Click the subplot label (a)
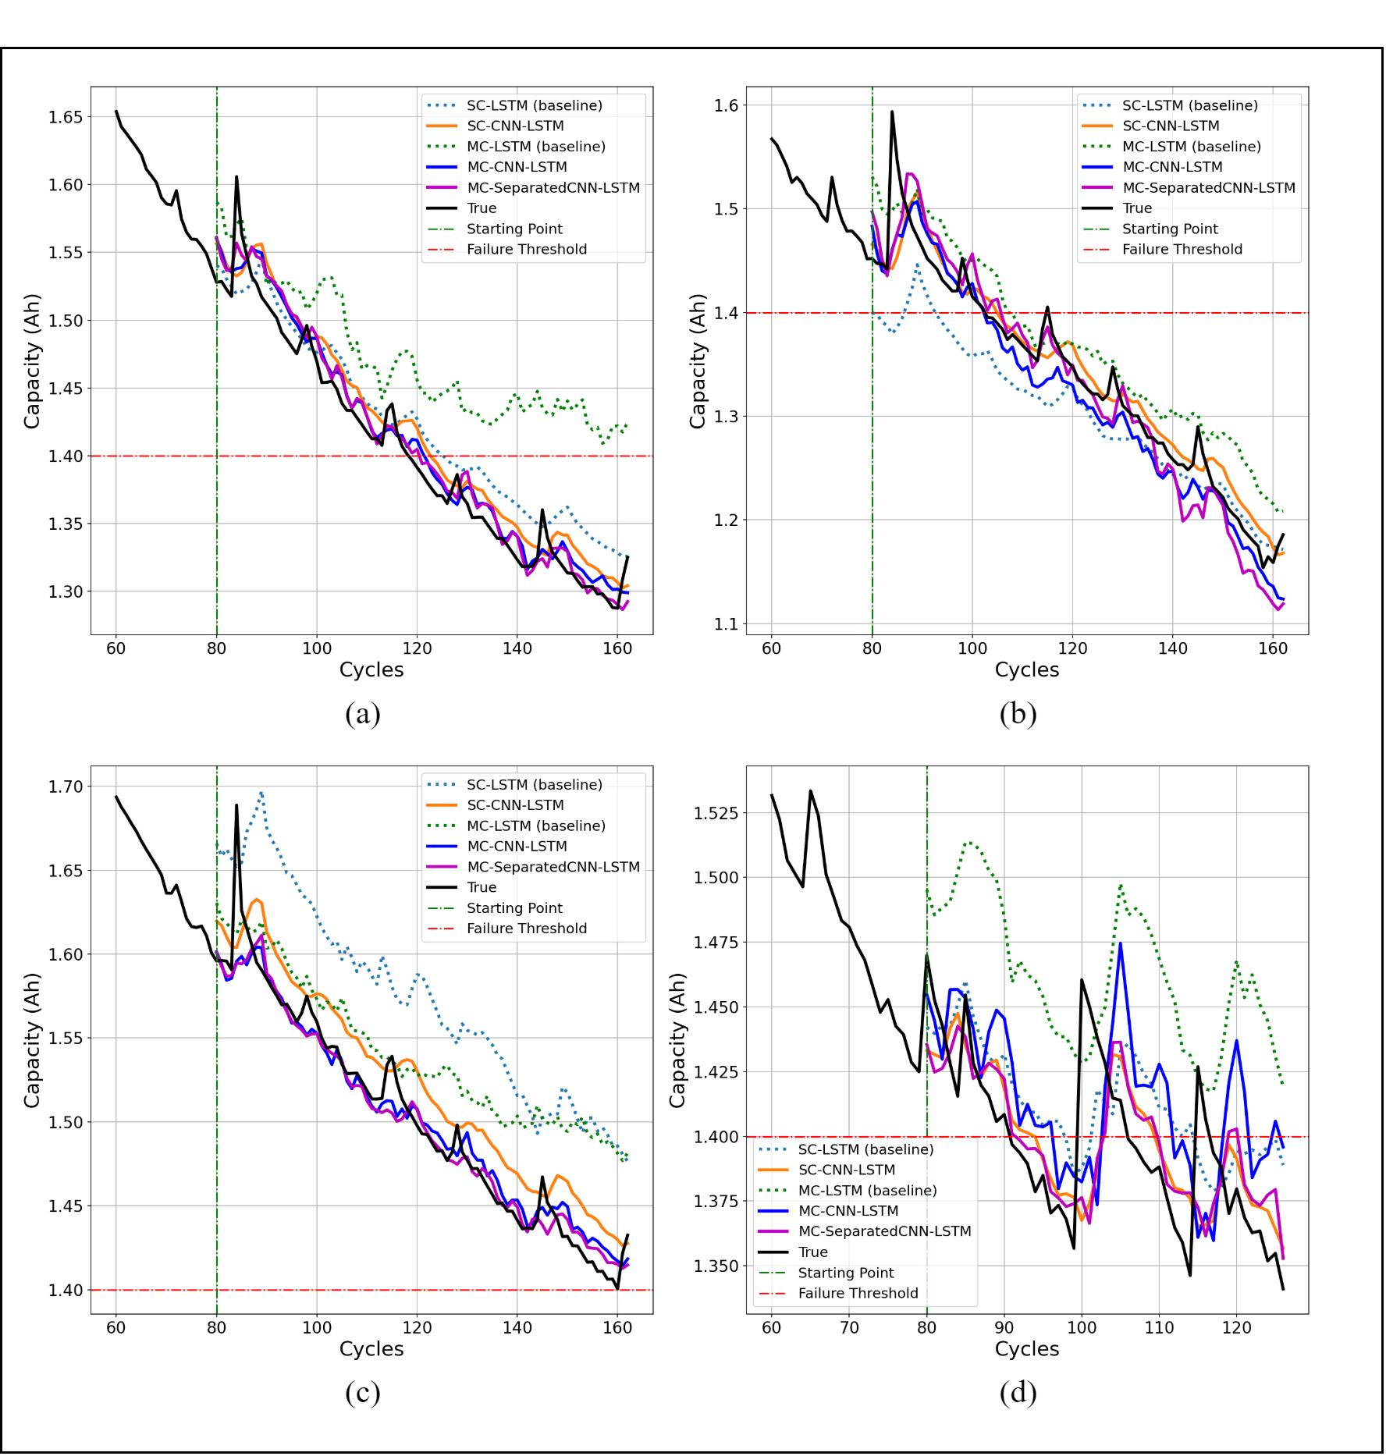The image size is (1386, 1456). tap(362, 714)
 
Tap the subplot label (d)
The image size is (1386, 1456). tap(1018, 1393)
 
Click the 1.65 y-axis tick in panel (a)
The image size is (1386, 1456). tap(66, 117)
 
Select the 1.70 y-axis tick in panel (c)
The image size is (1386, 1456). tap(66, 787)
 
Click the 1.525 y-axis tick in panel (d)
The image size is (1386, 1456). tap(716, 813)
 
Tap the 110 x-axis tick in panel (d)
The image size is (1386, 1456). tap(1159, 1327)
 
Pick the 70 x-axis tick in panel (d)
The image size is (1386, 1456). tap(849, 1327)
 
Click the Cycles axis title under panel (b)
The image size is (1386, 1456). tap(1026, 669)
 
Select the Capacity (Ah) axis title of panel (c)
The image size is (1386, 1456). tap(31, 1040)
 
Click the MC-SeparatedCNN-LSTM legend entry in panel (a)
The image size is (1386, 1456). tap(553, 187)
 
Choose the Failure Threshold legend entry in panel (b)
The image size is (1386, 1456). tap(1182, 249)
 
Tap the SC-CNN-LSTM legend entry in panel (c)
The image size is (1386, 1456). tap(515, 804)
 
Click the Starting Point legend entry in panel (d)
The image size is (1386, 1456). tap(845, 1273)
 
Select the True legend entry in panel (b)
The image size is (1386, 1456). tap(1136, 208)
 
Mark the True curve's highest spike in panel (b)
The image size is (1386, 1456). tap(892, 112)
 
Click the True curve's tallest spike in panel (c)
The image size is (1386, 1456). tap(236, 805)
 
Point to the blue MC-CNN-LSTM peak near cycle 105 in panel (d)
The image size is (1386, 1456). tap(1120, 943)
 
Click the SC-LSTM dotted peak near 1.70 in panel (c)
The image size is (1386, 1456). tap(261, 794)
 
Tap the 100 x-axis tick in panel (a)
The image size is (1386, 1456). tap(317, 648)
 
